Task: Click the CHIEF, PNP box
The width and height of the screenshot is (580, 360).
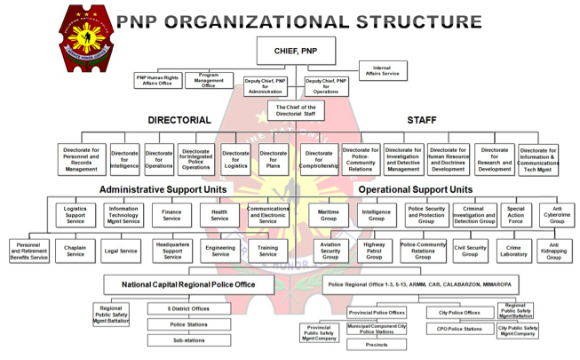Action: (296, 51)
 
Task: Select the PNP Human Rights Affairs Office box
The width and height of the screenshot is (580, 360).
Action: (158, 80)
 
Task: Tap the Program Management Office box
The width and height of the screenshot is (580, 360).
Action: (209, 80)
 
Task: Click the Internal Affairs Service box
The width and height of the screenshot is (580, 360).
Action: (383, 70)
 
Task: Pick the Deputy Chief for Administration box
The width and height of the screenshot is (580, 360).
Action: (266, 86)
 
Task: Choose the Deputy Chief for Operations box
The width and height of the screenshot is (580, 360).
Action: (326, 86)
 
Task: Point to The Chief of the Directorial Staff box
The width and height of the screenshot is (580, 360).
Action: (296, 110)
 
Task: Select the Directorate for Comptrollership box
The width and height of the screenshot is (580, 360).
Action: (318, 159)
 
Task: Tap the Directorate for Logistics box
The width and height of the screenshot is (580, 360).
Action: (235, 159)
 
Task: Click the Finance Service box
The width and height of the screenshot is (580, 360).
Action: (172, 215)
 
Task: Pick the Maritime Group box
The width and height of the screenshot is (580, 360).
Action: (329, 215)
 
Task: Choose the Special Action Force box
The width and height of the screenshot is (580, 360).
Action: (516, 215)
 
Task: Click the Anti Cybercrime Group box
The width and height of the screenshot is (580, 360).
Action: (556, 215)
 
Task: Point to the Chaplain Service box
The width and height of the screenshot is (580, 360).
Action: (75, 251)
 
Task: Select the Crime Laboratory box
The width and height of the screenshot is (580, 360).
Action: (513, 251)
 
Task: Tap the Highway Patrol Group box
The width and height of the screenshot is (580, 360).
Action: (374, 251)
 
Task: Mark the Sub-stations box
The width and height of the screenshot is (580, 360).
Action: (188, 340)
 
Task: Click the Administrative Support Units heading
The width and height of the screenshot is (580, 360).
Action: (163, 189)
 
